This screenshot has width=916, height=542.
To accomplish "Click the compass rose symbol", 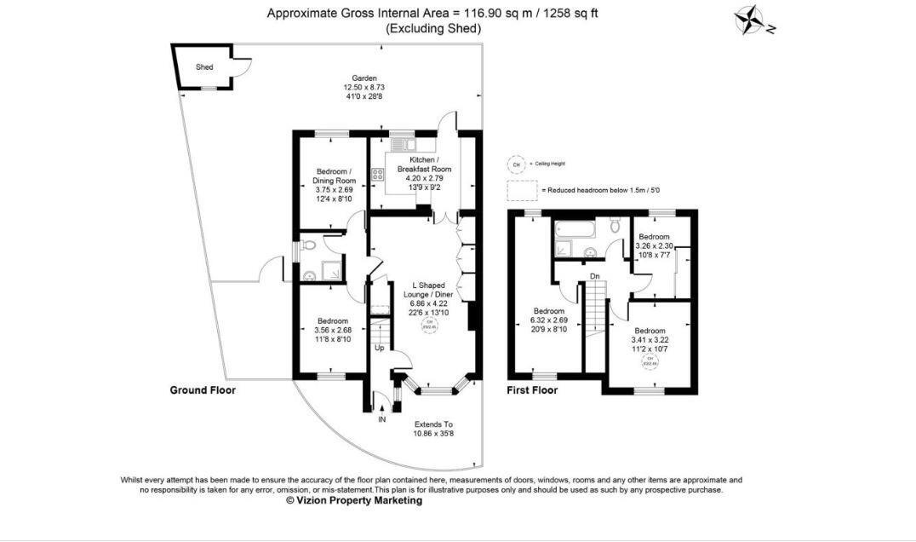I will [x=750, y=20].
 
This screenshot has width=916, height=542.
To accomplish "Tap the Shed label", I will [x=204, y=66].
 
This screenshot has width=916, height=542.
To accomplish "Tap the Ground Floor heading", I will [x=202, y=390].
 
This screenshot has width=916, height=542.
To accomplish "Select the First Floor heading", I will [x=532, y=390].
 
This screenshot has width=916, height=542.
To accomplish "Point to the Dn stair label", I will [x=595, y=275].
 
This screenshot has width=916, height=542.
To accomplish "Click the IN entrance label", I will [x=381, y=419].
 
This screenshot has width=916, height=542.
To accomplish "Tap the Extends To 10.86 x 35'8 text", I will [x=433, y=430].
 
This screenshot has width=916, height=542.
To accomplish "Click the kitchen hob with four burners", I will [x=377, y=176].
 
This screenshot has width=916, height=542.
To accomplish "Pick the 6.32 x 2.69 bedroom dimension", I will [x=550, y=320].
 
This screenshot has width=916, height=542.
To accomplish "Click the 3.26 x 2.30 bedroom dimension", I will [x=655, y=245].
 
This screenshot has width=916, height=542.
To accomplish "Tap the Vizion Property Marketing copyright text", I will [x=354, y=501].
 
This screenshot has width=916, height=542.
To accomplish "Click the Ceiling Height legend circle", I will [x=514, y=164].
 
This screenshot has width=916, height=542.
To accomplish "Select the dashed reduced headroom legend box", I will [x=522, y=189].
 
